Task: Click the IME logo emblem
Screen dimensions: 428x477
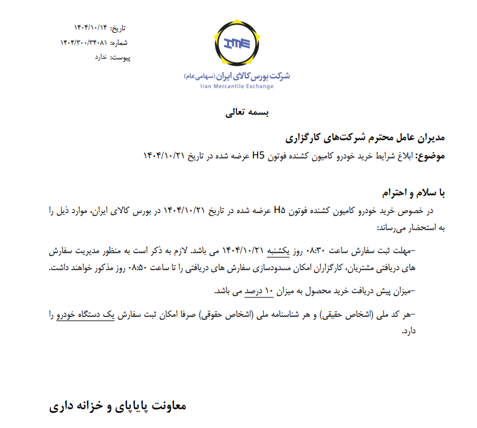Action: (237, 43)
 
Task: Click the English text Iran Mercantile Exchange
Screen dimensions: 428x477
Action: (236, 86)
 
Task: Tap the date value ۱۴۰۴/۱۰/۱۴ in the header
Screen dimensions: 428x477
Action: (91, 29)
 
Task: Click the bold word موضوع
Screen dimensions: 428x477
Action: (430, 155)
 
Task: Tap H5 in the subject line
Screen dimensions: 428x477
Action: (258, 155)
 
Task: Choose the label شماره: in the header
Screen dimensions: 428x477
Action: (120, 42)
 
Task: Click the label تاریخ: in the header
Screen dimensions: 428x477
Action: (120, 29)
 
